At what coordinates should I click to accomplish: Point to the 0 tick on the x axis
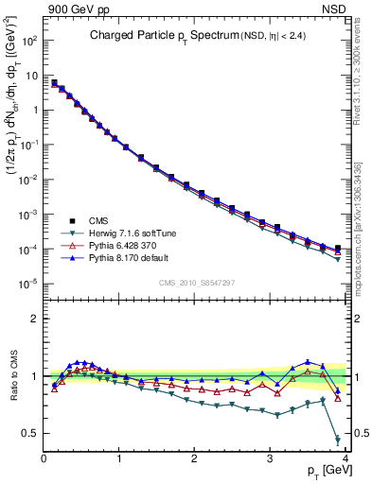click(44, 459)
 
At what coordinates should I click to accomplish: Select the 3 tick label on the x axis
click(271, 459)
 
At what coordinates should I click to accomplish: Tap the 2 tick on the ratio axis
click(36, 319)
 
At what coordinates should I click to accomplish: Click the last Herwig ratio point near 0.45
click(338, 440)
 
